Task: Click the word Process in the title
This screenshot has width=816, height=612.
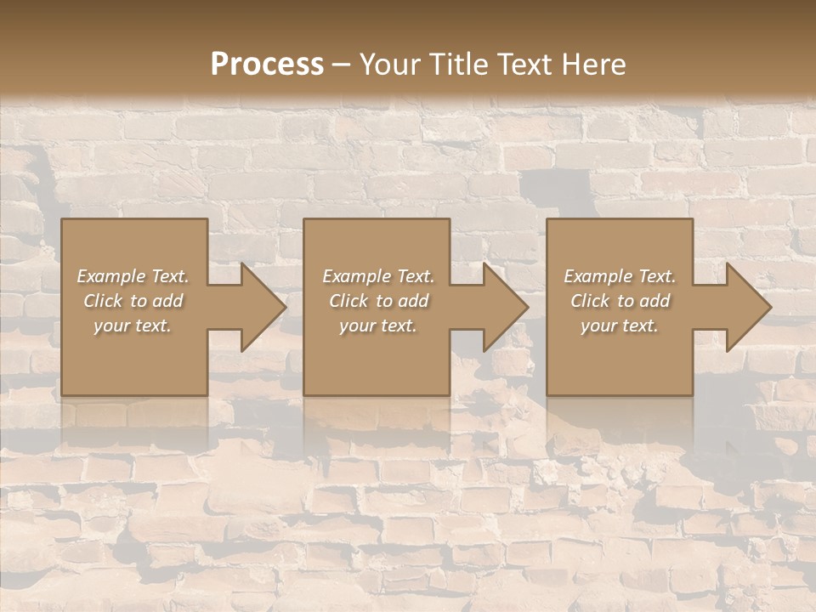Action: (267, 65)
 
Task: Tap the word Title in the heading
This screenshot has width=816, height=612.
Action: (456, 65)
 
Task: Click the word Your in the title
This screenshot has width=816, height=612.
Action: (391, 65)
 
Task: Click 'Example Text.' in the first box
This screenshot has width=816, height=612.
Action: (133, 276)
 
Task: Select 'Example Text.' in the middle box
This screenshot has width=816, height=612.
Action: (378, 276)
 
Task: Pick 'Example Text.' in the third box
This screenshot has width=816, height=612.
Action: (620, 276)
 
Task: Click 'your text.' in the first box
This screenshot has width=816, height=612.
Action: (133, 326)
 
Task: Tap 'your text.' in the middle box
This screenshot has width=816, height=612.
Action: (378, 326)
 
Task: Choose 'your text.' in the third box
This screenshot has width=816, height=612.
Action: (620, 326)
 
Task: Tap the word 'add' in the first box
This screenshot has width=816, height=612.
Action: (168, 301)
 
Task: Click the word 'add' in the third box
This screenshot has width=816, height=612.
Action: (655, 301)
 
